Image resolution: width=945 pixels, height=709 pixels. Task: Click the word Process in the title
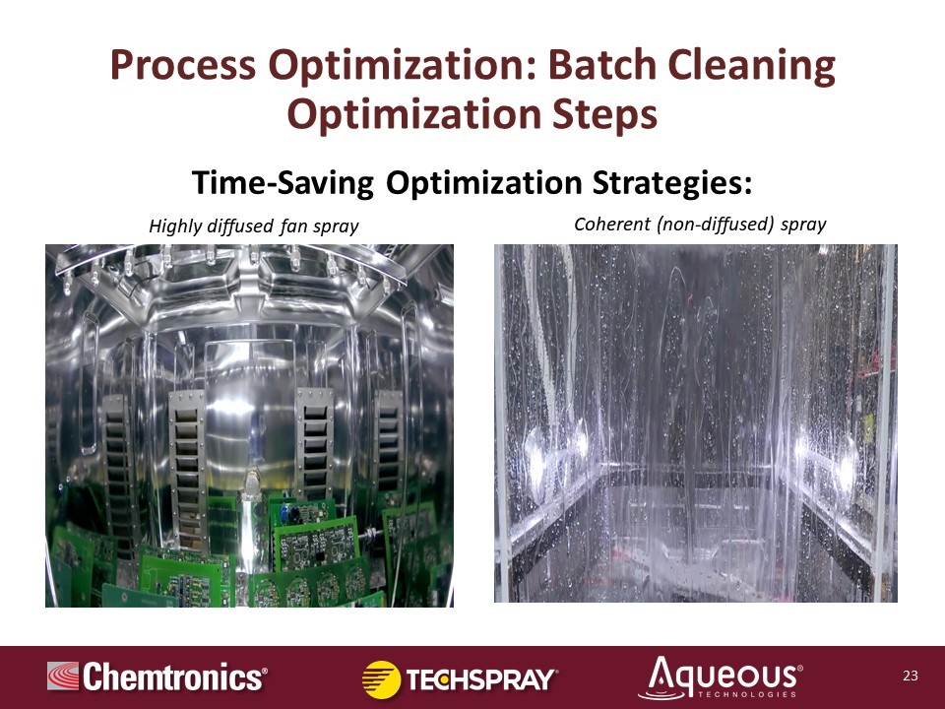183,66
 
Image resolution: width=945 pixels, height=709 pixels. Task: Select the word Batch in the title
601,65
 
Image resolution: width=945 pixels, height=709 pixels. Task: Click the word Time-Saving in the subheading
283,183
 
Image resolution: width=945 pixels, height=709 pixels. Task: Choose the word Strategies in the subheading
672,183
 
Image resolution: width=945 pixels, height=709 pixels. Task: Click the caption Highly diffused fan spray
254,226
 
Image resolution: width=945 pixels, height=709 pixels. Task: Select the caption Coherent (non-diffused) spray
700,225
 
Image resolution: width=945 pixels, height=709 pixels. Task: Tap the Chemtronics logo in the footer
157,677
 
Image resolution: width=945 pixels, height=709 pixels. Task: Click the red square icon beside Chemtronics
63,676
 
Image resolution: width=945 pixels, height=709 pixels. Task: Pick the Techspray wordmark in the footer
481,679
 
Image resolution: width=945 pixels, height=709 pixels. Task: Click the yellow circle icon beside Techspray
381,679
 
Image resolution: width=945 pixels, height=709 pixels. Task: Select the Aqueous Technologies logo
721,677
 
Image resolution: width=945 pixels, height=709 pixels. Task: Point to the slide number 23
910,676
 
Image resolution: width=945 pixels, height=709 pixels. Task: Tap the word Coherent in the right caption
612,225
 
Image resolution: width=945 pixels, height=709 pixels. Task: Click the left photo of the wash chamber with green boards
249,425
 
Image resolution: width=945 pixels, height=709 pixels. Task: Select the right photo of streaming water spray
696,423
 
